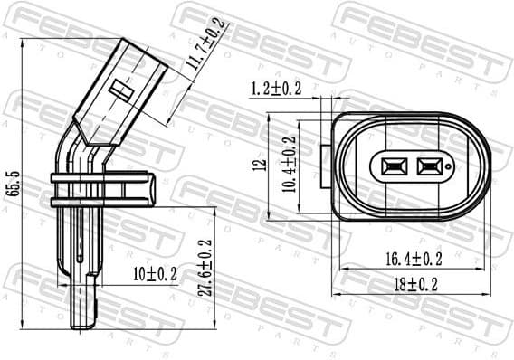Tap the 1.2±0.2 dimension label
click(x=276, y=88)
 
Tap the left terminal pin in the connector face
click(x=395, y=166)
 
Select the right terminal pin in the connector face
click(x=428, y=166)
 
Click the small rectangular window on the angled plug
click(x=121, y=88)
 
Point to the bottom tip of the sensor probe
click(x=84, y=321)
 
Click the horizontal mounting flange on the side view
click(x=101, y=186)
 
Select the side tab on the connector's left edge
click(x=326, y=166)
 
